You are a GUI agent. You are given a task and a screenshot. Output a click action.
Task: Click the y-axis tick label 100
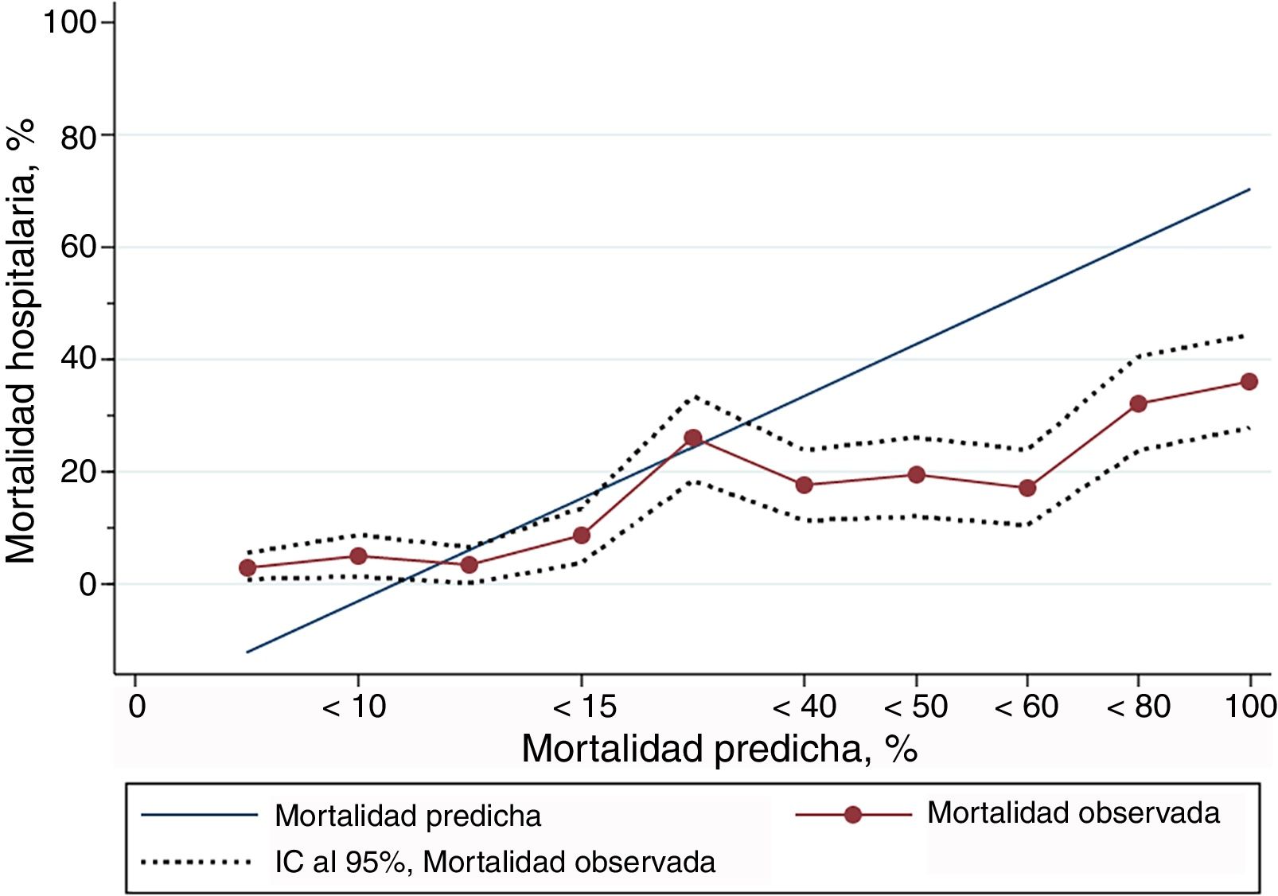[70, 22]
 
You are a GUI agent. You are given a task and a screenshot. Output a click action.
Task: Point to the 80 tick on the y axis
[78, 138]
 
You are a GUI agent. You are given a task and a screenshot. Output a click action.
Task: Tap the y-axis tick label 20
[78, 472]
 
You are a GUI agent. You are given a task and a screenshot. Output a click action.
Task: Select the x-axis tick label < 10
[354, 707]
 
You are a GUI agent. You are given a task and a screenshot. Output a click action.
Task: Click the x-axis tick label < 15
[585, 707]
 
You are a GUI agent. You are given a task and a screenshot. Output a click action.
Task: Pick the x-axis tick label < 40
[805, 707]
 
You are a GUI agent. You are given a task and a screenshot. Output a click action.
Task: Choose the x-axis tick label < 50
[916, 707]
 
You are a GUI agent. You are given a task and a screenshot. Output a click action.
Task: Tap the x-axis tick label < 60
[1027, 707]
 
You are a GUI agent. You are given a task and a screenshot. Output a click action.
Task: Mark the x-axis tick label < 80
[1139, 707]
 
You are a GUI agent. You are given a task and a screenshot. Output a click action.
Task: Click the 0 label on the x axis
[137, 707]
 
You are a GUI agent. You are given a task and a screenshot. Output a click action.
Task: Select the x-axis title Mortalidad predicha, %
[719, 749]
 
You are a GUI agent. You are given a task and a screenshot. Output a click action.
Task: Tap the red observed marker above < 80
[1138, 403]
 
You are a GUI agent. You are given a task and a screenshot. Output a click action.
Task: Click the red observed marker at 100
[1249, 382]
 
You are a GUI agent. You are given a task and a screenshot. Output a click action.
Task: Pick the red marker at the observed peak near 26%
[693, 438]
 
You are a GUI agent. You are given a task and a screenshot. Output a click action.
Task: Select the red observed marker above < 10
[359, 555]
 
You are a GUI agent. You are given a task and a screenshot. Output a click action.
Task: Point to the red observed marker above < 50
[916, 475]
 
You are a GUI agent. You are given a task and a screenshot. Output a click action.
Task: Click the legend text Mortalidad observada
[1073, 813]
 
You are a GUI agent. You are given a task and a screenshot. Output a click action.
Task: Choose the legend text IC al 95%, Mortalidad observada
[495, 863]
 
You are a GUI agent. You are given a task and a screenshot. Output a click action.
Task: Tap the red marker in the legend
[853, 815]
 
